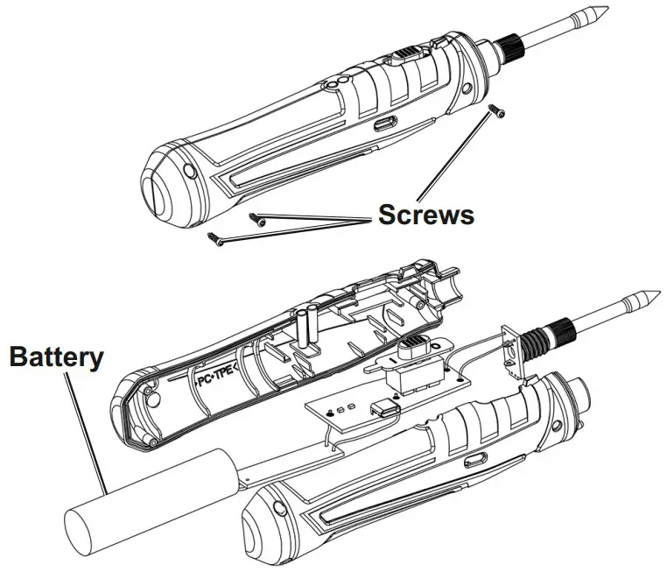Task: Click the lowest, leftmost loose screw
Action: point(213,235)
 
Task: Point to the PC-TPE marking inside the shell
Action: point(214,382)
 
